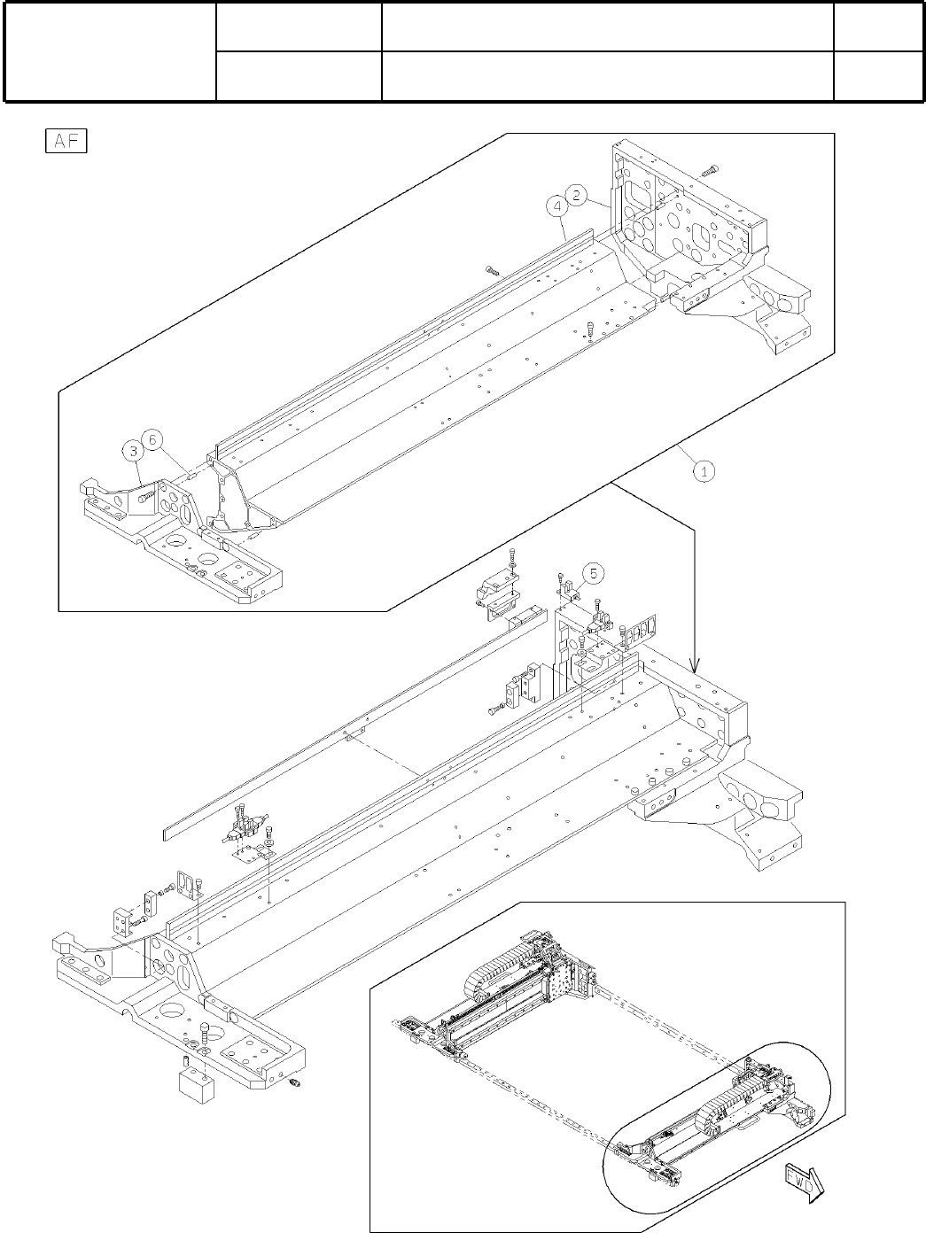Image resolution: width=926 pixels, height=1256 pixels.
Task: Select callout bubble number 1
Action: (x=704, y=472)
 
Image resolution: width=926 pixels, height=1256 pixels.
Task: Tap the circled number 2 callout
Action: (x=576, y=196)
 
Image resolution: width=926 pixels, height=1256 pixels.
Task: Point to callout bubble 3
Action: (x=132, y=451)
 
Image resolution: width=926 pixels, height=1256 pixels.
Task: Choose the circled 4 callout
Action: (x=557, y=206)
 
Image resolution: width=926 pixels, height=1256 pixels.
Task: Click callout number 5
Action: (x=594, y=573)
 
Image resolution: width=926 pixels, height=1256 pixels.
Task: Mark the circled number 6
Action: (x=152, y=439)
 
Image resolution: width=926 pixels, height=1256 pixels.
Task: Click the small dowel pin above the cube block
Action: (x=187, y=1060)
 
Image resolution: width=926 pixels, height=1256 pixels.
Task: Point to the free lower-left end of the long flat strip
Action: (x=170, y=833)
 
